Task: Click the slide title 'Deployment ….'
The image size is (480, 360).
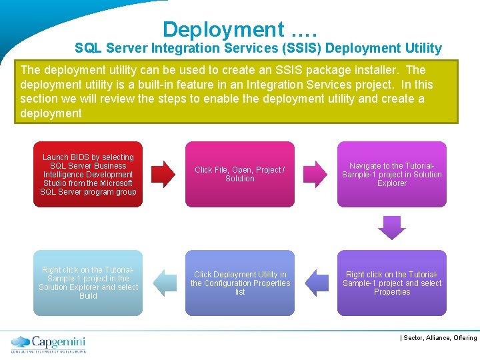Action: click(x=240, y=29)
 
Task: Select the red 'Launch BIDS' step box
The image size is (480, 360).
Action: click(x=88, y=175)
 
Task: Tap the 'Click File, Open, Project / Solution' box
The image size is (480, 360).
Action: click(x=240, y=174)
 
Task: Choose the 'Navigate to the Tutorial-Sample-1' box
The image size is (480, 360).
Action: click(x=392, y=174)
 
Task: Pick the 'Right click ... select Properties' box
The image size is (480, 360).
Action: click(x=392, y=283)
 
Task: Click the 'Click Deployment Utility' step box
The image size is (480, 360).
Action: click(x=240, y=283)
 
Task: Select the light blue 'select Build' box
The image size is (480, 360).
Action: click(x=88, y=283)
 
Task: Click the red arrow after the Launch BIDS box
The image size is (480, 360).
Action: click(x=163, y=174)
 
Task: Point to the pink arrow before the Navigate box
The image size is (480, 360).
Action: click(x=315, y=174)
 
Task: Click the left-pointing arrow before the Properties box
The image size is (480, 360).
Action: click(x=316, y=283)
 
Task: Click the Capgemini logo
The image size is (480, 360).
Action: click(x=48, y=343)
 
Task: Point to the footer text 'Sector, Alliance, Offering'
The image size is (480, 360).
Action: click(x=440, y=338)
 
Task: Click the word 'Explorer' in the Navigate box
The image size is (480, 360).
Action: click(x=392, y=183)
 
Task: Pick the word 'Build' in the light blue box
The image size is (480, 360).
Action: click(x=88, y=296)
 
